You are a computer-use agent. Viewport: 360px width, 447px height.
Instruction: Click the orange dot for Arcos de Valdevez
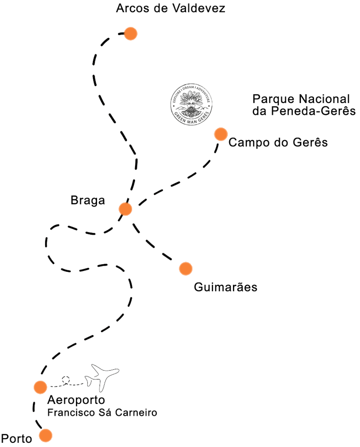[x=130, y=34]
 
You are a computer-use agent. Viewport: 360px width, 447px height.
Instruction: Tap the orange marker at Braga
[x=125, y=209]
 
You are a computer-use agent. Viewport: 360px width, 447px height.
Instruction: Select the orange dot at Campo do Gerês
[x=221, y=134]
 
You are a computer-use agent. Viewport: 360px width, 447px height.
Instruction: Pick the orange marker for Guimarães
[x=186, y=268]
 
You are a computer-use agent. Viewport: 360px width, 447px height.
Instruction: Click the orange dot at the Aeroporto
[x=40, y=387]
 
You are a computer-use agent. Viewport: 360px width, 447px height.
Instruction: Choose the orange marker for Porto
[x=45, y=435]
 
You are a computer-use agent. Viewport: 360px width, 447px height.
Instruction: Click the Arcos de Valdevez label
[x=171, y=8]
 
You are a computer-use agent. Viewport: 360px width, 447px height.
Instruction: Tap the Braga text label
[x=88, y=201]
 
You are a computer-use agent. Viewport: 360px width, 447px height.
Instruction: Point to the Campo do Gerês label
[x=277, y=142]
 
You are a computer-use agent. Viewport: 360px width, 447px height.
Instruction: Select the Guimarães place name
[x=225, y=287]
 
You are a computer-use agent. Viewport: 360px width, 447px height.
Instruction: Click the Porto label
[x=17, y=439]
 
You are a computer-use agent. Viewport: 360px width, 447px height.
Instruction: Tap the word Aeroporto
[x=76, y=401]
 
